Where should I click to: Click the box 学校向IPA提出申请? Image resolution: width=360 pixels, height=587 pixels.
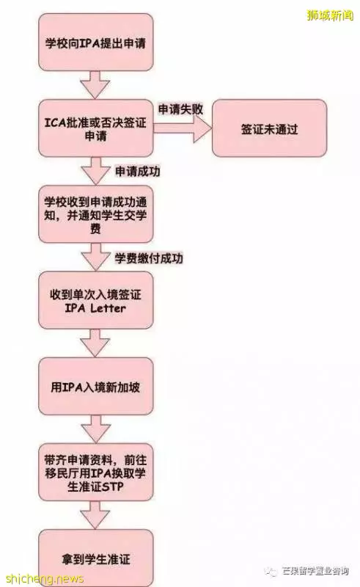(96, 43)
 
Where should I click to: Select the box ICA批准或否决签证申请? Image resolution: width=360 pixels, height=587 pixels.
(96, 128)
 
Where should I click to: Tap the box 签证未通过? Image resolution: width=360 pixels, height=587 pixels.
(269, 128)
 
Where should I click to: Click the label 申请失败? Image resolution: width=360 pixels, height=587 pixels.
(181, 109)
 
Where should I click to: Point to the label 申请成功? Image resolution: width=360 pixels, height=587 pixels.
(137, 172)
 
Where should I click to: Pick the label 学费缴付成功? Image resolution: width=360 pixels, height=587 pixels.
(149, 258)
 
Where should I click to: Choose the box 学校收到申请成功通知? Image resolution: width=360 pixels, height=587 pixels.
(96, 214)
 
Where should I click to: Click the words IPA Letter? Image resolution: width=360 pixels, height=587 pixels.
(95, 308)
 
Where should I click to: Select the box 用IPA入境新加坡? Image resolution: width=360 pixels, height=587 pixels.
(96, 387)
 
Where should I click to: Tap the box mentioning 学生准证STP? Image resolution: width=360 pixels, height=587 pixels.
(96, 473)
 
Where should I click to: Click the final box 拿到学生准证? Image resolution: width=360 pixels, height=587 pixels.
(96, 558)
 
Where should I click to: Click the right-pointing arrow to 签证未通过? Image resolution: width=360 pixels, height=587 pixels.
(183, 128)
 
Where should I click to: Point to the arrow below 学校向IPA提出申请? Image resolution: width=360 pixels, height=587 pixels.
(96, 85)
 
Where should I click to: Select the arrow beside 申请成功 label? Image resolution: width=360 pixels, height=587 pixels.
(96, 171)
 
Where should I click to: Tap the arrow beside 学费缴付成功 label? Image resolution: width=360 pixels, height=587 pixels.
(96, 257)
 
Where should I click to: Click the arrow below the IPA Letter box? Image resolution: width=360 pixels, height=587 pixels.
(96, 343)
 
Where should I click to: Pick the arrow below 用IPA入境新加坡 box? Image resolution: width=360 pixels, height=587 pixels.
(96, 429)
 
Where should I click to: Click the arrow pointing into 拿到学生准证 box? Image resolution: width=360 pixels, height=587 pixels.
(96, 515)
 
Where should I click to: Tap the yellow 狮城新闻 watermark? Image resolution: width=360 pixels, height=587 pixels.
(330, 15)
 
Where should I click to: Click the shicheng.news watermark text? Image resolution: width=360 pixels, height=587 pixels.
(44, 579)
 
